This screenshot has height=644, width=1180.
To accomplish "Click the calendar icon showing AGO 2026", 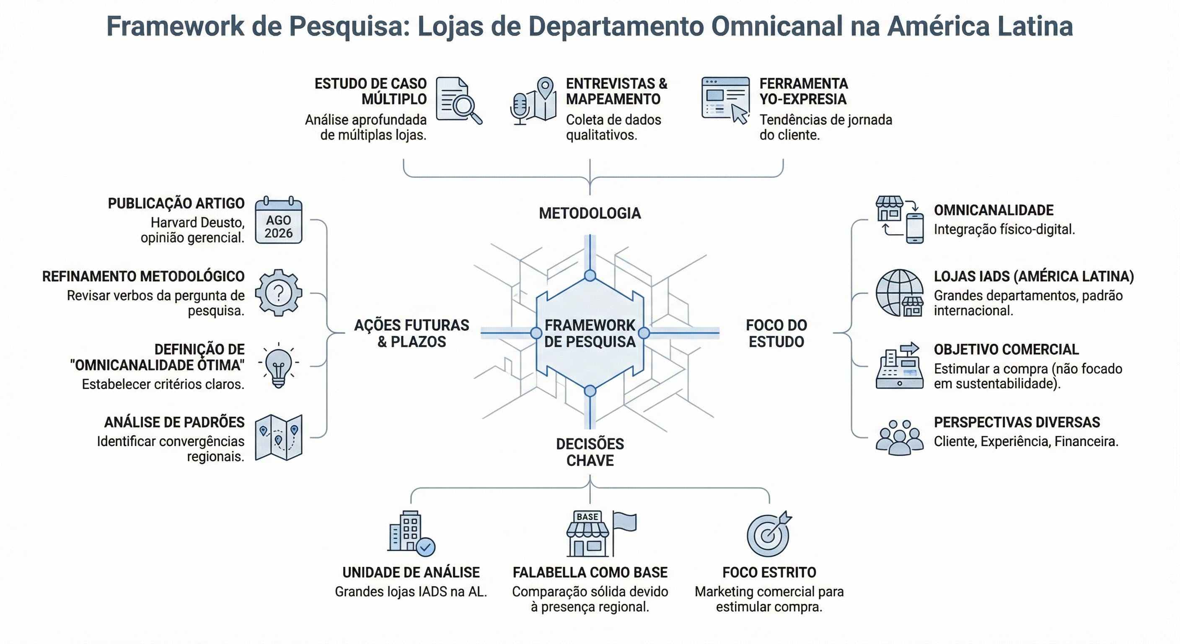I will click(x=279, y=221).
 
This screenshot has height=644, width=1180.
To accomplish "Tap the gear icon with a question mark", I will click(x=279, y=293).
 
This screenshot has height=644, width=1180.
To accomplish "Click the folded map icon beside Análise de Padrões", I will click(x=279, y=437).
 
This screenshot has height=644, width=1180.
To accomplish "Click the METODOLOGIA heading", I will click(x=590, y=213).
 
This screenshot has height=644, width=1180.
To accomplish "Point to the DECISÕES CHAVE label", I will click(x=590, y=452).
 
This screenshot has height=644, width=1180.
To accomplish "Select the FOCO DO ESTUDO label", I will click(x=776, y=333).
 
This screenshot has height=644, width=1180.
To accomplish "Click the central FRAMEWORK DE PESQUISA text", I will click(x=590, y=333).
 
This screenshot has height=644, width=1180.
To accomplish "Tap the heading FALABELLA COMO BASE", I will click(x=590, y=572).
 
